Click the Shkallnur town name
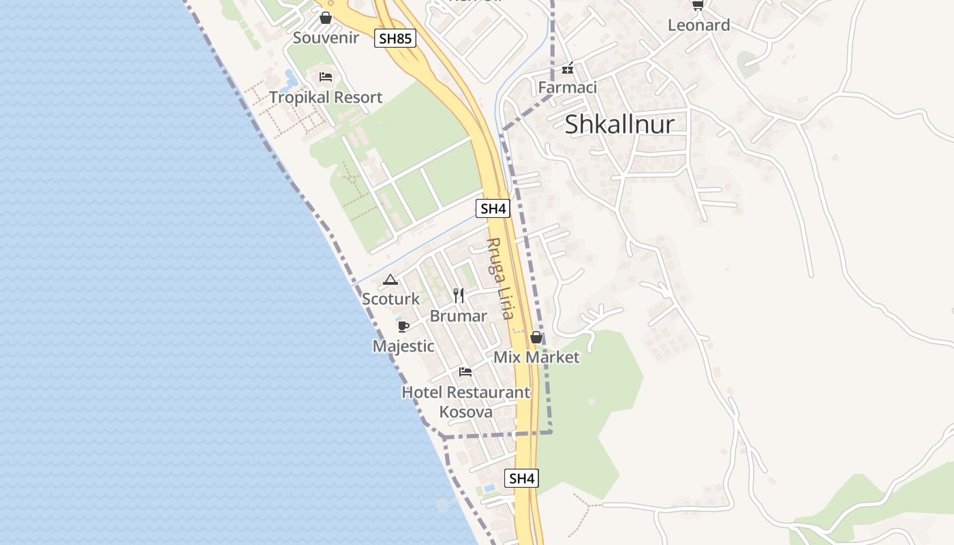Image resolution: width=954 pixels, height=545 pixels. coord(619,124)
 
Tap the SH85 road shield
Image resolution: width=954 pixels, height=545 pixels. coord(395,38)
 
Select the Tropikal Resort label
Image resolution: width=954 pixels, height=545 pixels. coord(326,97)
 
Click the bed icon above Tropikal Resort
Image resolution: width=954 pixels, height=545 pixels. coord(326,76)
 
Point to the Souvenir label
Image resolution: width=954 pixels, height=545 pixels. coord(326,38)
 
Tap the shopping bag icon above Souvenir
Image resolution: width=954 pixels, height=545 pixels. coord(326,18)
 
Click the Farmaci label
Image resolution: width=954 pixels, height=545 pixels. coord(567,87)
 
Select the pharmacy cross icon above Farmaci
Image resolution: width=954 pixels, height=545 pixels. coord(567,68)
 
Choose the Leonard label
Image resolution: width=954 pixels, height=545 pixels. coord(698,26)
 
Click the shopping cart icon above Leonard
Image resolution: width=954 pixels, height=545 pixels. coord(697,5)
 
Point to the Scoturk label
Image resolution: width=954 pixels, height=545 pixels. coord(391,299)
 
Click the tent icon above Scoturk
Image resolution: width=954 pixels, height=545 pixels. coord(390,279)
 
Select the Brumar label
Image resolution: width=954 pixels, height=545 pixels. coord(459,316)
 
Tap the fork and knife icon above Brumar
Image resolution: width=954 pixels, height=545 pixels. coord(459,296)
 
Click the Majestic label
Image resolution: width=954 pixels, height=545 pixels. coord(403,346)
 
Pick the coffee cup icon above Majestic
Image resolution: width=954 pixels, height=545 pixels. coord(403,326)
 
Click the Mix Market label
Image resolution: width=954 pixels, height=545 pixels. coord(536,357)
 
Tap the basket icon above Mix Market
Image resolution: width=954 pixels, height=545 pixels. coord(536,337)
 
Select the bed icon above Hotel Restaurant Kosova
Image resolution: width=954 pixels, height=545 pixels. coord(465,372)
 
